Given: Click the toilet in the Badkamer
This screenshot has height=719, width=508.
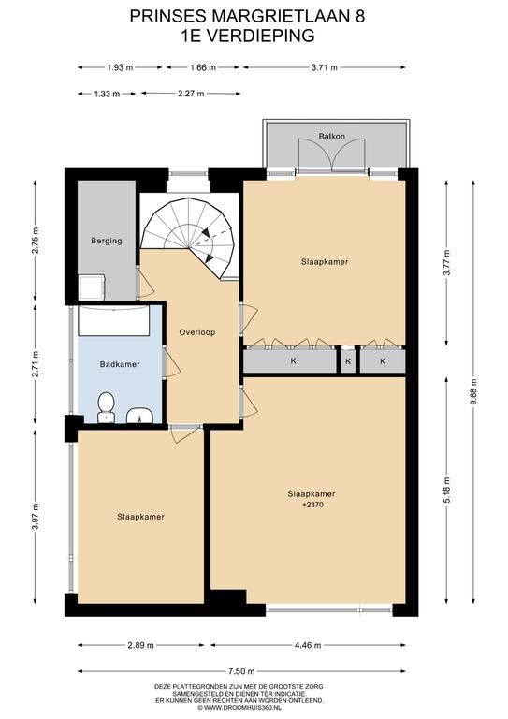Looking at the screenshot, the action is (x=107, y=406).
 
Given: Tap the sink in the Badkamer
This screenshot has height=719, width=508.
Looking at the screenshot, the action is (x=139, y=416).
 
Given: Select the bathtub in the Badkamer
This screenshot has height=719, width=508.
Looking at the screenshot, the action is (x=113, y=320).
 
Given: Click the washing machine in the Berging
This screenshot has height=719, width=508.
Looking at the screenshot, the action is (x=92, y=287).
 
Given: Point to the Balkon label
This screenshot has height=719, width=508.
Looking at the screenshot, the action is (x=331, y=136).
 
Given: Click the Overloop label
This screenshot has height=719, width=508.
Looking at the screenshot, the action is (x=197, y=332).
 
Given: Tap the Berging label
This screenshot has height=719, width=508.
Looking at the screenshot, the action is (x=107, y=241).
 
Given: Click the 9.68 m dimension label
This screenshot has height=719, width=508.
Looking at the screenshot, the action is (x=473, y=391).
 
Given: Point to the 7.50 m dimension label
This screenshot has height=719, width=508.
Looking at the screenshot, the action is (x=241, y=671).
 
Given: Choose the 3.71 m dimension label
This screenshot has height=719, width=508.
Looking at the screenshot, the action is (x=325, y=67).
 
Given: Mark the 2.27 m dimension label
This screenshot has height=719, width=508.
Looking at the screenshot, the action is (x=191, y=94).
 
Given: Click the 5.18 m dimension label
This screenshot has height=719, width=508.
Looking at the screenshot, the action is (x=446, y=491).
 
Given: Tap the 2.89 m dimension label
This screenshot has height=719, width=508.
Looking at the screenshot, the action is (x=140, y=645).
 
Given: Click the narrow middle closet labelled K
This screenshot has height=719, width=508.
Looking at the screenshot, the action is (x=348, y=361).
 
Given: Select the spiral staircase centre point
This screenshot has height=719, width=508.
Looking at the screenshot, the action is (x=189, y=248).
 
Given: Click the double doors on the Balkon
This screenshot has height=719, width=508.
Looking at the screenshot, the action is (x=331, y=155).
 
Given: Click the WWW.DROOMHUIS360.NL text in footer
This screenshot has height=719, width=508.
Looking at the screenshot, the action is (x=239, y=708).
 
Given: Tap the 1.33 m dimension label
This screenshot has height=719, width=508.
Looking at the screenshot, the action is (x=107, y=94).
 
